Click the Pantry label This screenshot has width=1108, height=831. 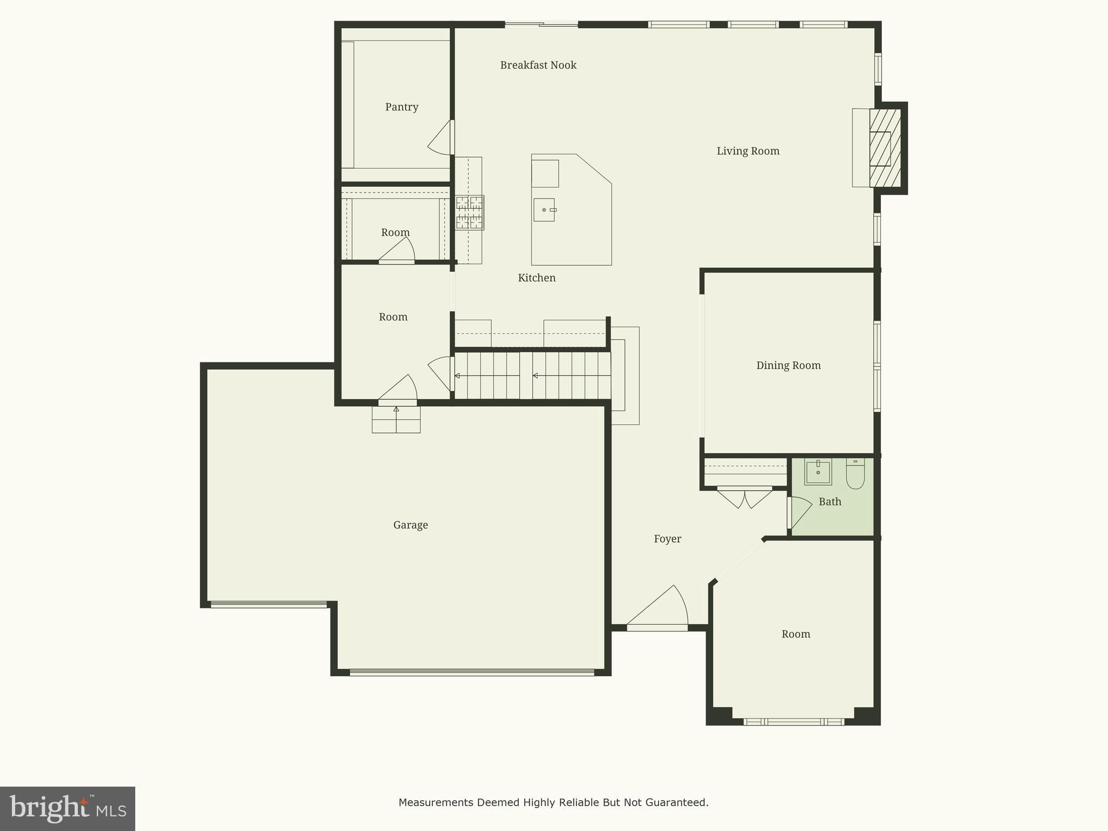[x=401, y=107]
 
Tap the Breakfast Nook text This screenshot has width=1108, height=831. [x=538, y=65]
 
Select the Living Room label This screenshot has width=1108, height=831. [x=748, y=151]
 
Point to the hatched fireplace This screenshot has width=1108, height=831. [x=885, y=148]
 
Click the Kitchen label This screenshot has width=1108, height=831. [x=536, y=278]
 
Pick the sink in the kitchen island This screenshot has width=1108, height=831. [x=544, y=210]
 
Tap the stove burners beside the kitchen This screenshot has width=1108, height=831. [x=469, y=213]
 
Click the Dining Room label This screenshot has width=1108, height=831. [x=788, y=366]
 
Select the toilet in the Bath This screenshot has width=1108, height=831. [x=855, y=473]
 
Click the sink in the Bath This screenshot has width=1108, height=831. [x=818, y=472]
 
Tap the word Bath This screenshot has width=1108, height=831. [x=829, y=502]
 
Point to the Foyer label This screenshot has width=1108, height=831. [x=667, y=539]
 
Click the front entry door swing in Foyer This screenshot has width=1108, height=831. [x=663, y=609]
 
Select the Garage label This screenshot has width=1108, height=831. [x=410, y=525]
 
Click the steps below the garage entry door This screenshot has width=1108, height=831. [x=396, y=419]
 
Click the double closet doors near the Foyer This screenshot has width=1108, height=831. [x=744, y=497]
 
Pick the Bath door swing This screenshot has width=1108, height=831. [x=800, y=511]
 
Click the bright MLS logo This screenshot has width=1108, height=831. [x=68, y=809]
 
